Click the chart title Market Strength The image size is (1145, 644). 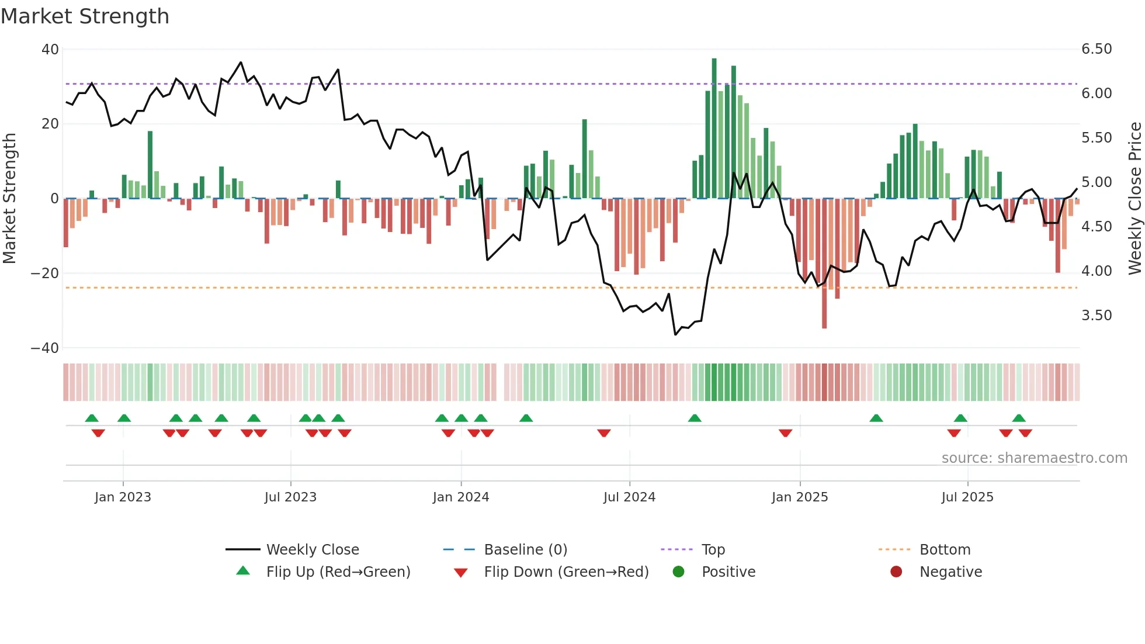pos(85,16)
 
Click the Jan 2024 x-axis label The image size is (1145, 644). pos(461,497)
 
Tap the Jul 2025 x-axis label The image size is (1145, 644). pos(967,497)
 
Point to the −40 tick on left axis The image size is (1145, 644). pos(45,348)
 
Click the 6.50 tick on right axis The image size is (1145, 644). pos(1097,49)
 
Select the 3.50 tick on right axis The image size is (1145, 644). pos(1097,316)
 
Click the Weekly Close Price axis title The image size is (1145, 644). pos(1134,198)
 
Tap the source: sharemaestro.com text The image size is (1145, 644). pos(1034,458)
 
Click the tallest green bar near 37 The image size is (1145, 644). pos(714,129)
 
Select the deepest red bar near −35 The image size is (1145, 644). pos(824,263)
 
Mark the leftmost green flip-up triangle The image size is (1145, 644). pos(92,418)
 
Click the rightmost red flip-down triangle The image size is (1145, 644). pos(1025,433)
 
